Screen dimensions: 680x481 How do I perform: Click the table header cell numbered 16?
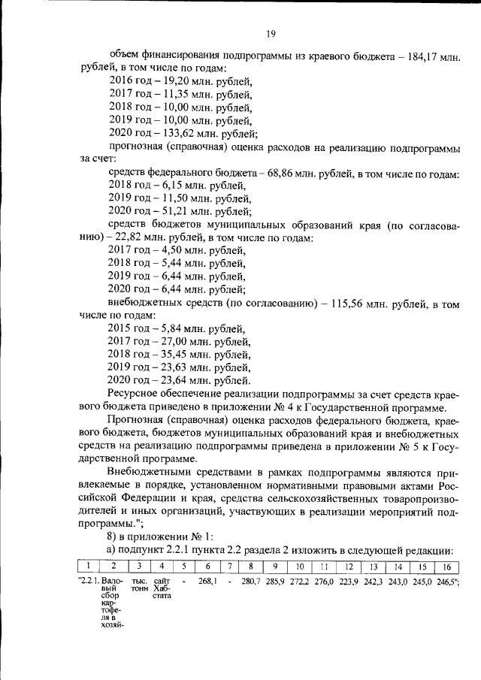pyautogui.click(x=446, y=567)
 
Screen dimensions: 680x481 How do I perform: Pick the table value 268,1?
pyautogui.click(x=208, y=582)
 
